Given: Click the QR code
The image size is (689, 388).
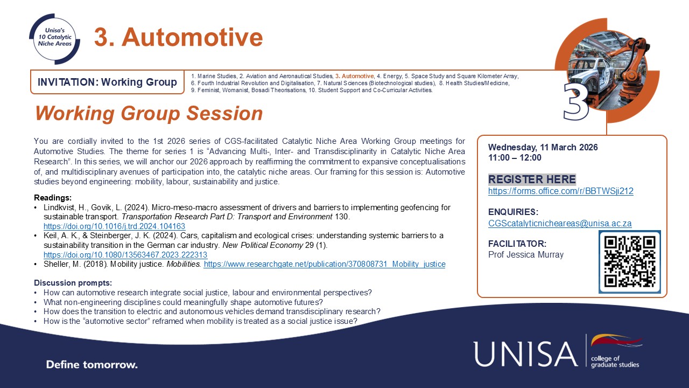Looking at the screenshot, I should pyautogui.click(x=629, y=262).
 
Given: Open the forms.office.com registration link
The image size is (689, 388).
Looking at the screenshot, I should pyautogui.click(x=560, y=191).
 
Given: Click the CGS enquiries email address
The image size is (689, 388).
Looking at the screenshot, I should pyautogui.click(x=560, y=223).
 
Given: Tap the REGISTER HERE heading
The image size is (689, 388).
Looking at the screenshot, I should pyautogui.click(x=532, y=179).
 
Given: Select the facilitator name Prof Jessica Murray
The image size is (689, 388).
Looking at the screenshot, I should pyautogui.click(x=526, y=254).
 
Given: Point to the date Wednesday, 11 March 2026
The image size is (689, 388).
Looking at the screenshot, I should pyautogui.click(x=543, y=147).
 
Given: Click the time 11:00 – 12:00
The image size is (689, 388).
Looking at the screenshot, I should pyautogui.click(x=515, y=158).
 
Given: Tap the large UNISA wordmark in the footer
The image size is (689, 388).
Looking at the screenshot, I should pyautogui.click(x=525, y=354).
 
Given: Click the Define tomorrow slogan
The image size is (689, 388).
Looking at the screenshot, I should pyautogui.click(x=92, y=365).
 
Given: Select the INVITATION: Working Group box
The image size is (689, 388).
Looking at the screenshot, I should pyautogui.click(x=107, y=82).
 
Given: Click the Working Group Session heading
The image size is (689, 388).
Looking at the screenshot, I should pyautogui.click(x=149, y=113).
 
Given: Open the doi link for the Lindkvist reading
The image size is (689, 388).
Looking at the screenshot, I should pyautogui.click(x=114, y=226).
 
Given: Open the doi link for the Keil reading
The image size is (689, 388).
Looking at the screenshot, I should pyautogui.click(x=125, y=254).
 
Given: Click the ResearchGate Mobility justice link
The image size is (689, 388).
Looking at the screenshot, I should pyautogui.click(x=325, y=264).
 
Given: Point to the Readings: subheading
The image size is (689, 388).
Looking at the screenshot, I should pyautogui.click(x=53, y=198).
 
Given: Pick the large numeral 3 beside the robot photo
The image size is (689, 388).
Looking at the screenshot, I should pyautogui.click(x=576, y=101).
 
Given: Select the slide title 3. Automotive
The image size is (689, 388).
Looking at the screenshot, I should pyautogui.click(x=178, y=37).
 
